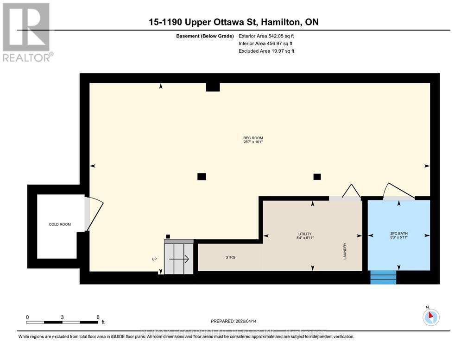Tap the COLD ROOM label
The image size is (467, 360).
click(x=60, y=224)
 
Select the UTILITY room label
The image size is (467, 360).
click(x=304, y=234)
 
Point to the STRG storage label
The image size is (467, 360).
click(x=230, y=257)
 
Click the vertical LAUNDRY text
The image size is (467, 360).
click(x=345, y=251)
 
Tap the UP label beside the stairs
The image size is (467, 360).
click(x=154, y=259)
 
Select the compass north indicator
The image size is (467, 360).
click(x=430, y=317)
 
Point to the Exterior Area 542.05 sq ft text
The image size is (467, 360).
click(x=266, y=36)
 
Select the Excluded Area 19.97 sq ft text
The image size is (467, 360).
click(x=266, y=51)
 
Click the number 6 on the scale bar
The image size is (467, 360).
click(x=98, y=317)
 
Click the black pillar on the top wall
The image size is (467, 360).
click(x=212, y=87)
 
